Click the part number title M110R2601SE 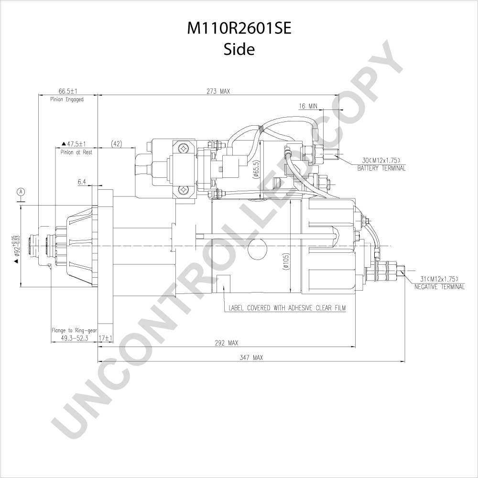239,29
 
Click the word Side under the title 239,49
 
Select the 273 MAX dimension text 218,91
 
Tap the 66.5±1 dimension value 68,91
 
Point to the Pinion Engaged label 67,99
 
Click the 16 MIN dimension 308,106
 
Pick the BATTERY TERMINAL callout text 381,168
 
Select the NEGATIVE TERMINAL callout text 440,286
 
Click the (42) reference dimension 116,143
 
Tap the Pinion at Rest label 76,152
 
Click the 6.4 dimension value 82,182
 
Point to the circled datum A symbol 21,192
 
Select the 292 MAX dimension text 227,343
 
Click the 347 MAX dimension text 251,358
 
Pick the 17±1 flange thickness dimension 106,338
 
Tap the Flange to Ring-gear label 74,330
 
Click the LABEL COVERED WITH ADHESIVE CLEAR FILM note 287,308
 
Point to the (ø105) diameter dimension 285,261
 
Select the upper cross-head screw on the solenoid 184,149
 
